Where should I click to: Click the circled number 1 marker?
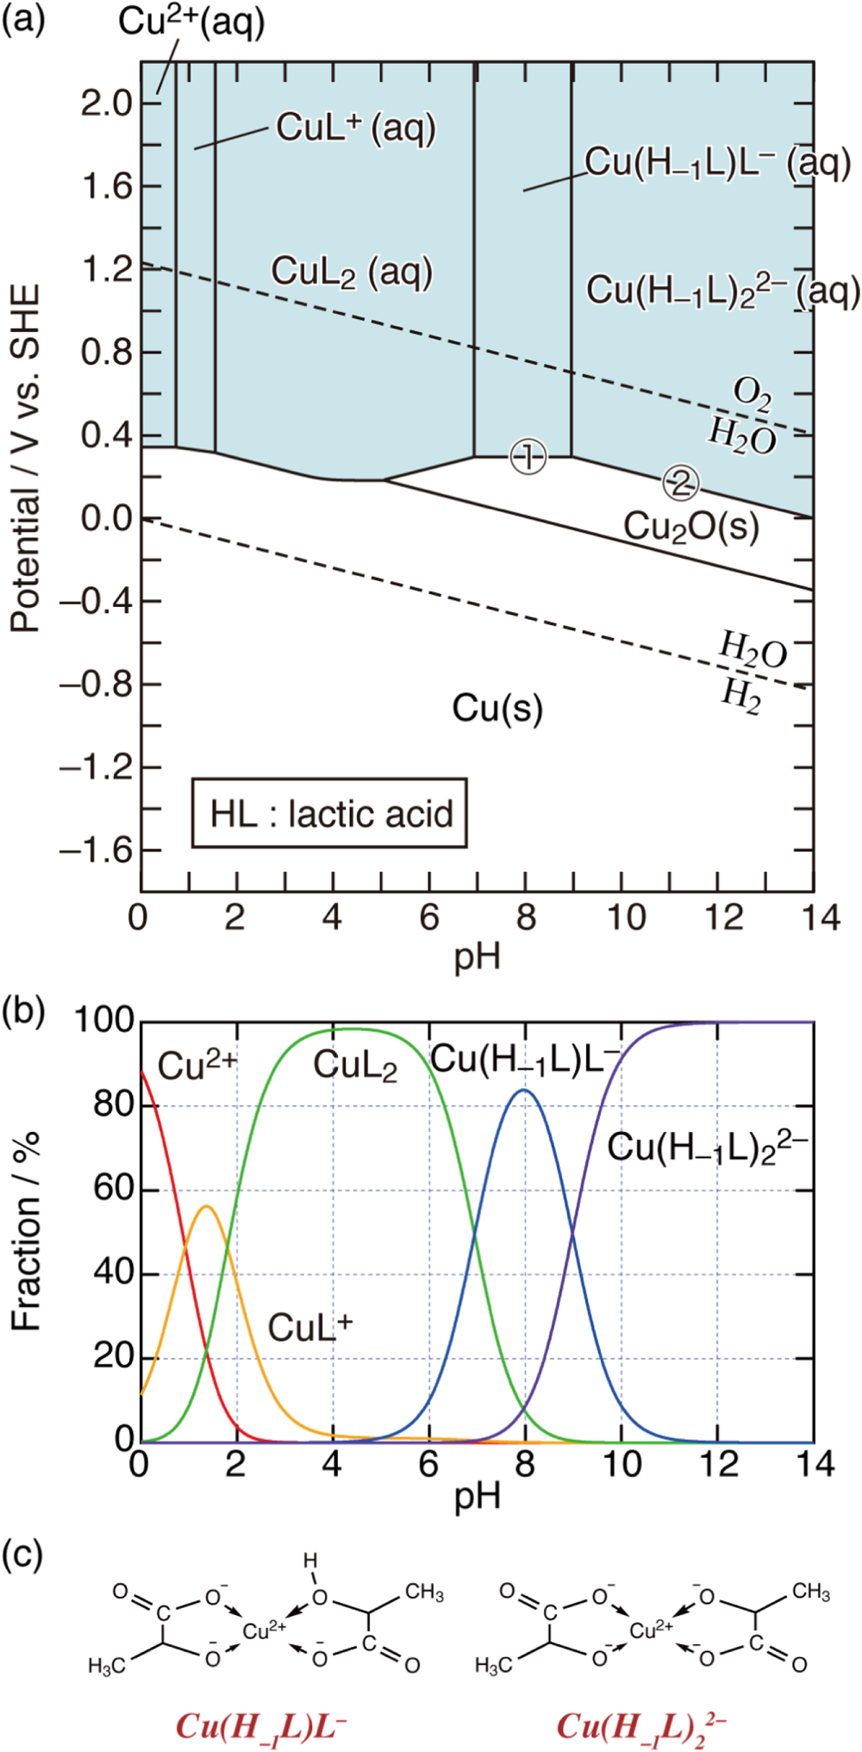(528, 456)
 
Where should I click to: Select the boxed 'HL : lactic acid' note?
(329, 814)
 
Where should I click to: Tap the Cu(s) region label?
(497, 708)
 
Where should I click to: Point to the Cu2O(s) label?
(691, 525)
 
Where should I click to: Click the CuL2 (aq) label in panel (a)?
(351, 272)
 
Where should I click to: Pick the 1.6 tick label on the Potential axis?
(106, 186)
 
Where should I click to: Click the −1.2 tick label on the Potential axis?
(96, 767)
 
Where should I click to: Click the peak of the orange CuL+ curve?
(206, 1206)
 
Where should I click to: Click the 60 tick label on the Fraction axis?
(113, 1189)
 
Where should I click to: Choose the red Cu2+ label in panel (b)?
(197, 1066)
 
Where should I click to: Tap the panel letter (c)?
(22, 1555)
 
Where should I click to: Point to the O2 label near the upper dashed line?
(752, 393)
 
